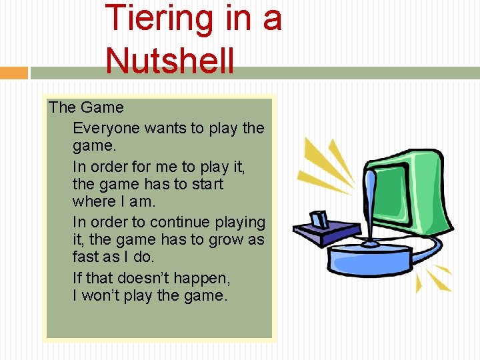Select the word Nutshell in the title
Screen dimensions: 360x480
[x=169, y=61]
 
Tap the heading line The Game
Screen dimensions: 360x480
[x=86, y=107]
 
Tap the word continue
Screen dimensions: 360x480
[x=175, y=221]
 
